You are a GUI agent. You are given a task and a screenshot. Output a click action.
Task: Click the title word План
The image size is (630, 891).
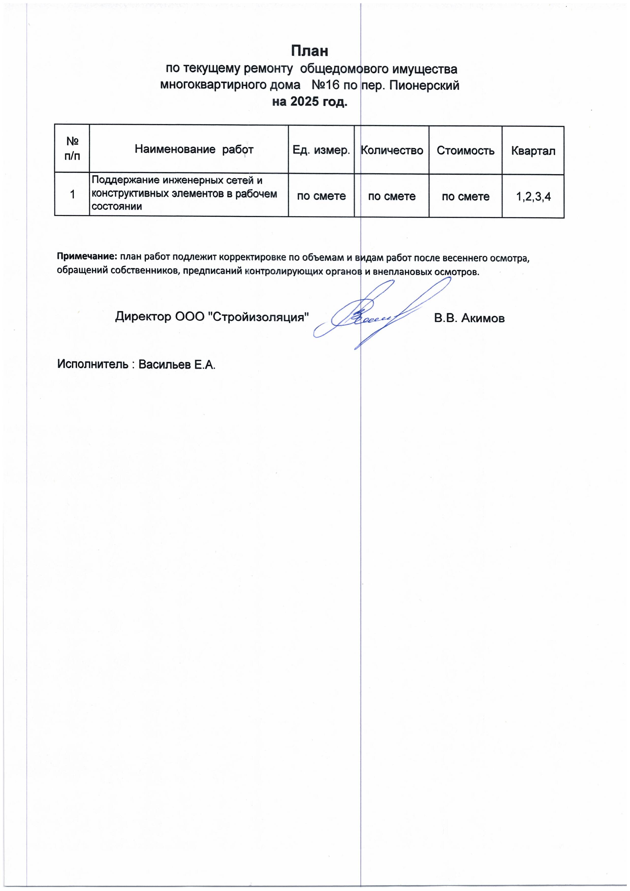[309, 51]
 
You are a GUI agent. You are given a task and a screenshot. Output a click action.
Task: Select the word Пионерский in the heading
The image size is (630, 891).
[424, 85]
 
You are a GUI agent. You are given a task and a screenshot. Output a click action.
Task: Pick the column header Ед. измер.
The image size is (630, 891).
[321, 150]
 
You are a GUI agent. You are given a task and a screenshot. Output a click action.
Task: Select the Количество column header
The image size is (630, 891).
[392, 150]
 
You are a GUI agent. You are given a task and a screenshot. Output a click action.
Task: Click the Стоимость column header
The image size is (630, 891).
[465, 151]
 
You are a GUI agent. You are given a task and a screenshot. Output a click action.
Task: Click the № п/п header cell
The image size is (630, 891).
[72, 148]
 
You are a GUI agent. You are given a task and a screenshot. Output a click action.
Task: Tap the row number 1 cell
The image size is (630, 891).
[72, 194]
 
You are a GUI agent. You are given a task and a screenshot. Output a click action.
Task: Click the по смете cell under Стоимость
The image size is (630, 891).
[465, 196]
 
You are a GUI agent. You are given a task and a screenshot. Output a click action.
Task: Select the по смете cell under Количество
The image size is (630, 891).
[392, 196]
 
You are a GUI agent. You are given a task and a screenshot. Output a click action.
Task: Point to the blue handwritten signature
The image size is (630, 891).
[373, 314]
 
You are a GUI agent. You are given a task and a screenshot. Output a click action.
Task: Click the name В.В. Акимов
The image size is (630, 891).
[469, 319]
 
